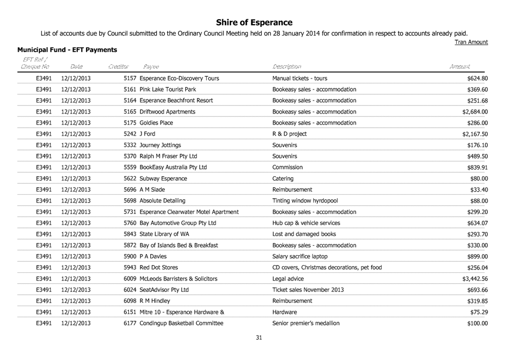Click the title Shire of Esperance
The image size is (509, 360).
[x=254, y=22]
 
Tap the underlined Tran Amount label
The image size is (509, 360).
[x=472, y=42]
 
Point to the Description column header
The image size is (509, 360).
[x=287, y=66]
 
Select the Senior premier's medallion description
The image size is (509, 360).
[x=306, y=323]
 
